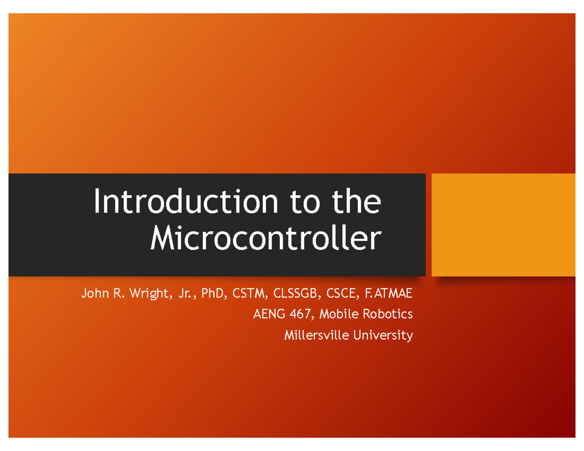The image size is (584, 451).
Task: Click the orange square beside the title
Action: (x=504, y=225)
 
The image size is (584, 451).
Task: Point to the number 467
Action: (x=299, y=314)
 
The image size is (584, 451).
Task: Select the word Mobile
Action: (x=339, y=314)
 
